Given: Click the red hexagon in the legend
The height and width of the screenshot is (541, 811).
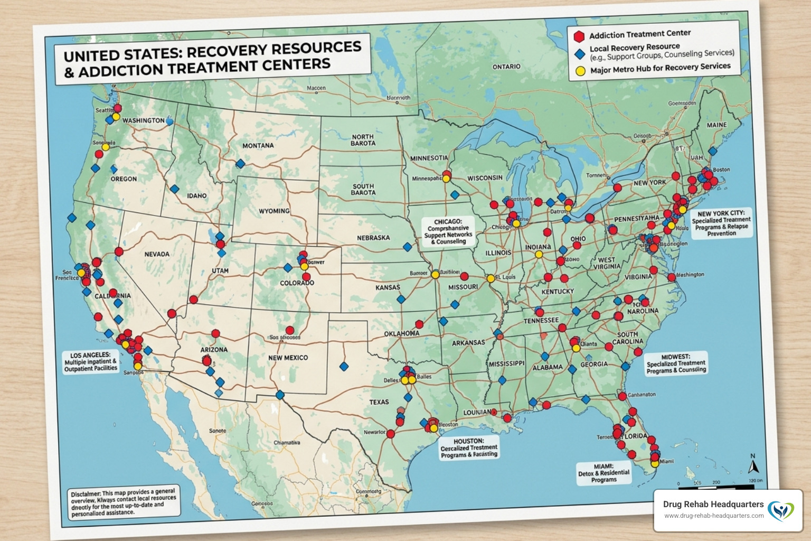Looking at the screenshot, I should pos(579,36).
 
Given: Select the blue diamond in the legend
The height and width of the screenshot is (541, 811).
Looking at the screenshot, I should pos(579,53).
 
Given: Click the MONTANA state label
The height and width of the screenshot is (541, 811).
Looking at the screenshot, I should pos(258,145).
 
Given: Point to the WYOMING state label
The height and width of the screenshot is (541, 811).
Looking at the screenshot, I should pos(274,211).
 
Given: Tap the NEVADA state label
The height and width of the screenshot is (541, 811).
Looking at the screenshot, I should pos(157,254).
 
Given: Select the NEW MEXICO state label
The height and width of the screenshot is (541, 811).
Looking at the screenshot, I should pos(288,358).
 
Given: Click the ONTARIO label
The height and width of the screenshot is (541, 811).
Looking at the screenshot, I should pos(506,67).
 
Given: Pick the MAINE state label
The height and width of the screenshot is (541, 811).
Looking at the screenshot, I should pos(716,125).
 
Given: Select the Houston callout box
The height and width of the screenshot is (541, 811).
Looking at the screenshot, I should pos(469,447).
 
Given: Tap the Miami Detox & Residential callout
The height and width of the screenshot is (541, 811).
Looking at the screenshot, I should pos(603,473).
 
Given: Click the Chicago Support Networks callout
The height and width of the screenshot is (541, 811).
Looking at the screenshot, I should pos(448,231).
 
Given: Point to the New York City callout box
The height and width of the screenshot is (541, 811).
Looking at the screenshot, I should pos(721,223).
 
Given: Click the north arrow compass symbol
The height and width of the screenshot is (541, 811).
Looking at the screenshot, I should pos(753,464).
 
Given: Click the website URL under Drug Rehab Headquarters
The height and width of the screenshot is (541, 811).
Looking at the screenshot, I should pos(713,516).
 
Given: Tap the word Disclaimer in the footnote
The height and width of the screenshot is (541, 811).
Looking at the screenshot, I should pos(86,494).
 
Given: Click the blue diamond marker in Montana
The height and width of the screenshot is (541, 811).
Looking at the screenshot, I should pos(240,164).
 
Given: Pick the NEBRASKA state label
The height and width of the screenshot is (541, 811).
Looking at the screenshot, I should pos(373,238).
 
